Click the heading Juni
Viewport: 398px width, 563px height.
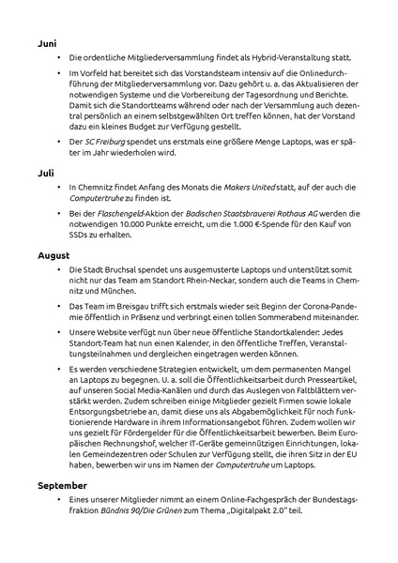pos(47,43)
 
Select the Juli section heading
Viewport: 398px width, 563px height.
pos(45,173)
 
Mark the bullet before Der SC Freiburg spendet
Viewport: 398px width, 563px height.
pos(60,141)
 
